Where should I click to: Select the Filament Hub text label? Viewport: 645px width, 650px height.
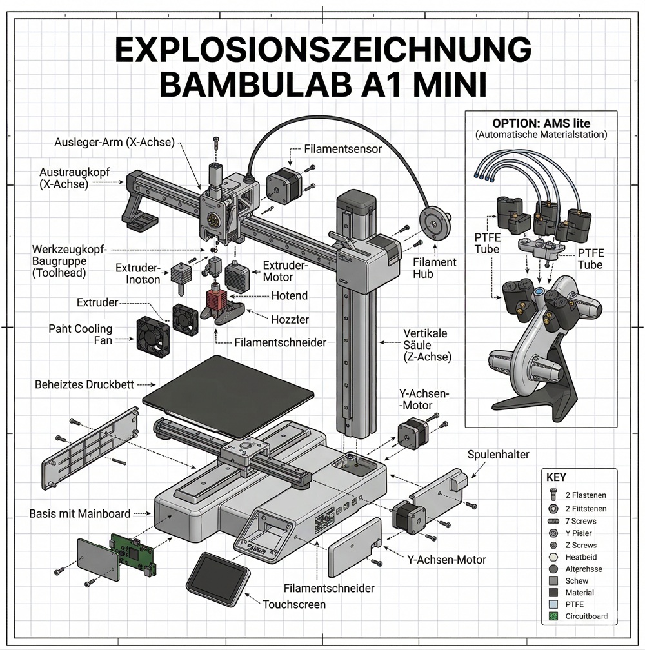[434, 268]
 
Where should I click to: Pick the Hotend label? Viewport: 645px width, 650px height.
[288, 295]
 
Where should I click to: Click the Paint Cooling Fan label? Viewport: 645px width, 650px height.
[80, 334]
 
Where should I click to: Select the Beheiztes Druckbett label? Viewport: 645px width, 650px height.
[84, 384]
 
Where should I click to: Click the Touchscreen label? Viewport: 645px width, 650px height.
[294, 604]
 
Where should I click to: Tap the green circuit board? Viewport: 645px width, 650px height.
[133, 553]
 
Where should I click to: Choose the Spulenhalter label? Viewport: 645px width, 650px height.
[498, 455]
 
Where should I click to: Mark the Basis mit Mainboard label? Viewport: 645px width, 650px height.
[80, 514]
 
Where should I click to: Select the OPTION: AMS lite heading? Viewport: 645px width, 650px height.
[541, 123]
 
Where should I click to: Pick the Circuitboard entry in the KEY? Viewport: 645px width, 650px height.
[586, 616]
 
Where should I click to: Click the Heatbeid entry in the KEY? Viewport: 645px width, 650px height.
[581, 556]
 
